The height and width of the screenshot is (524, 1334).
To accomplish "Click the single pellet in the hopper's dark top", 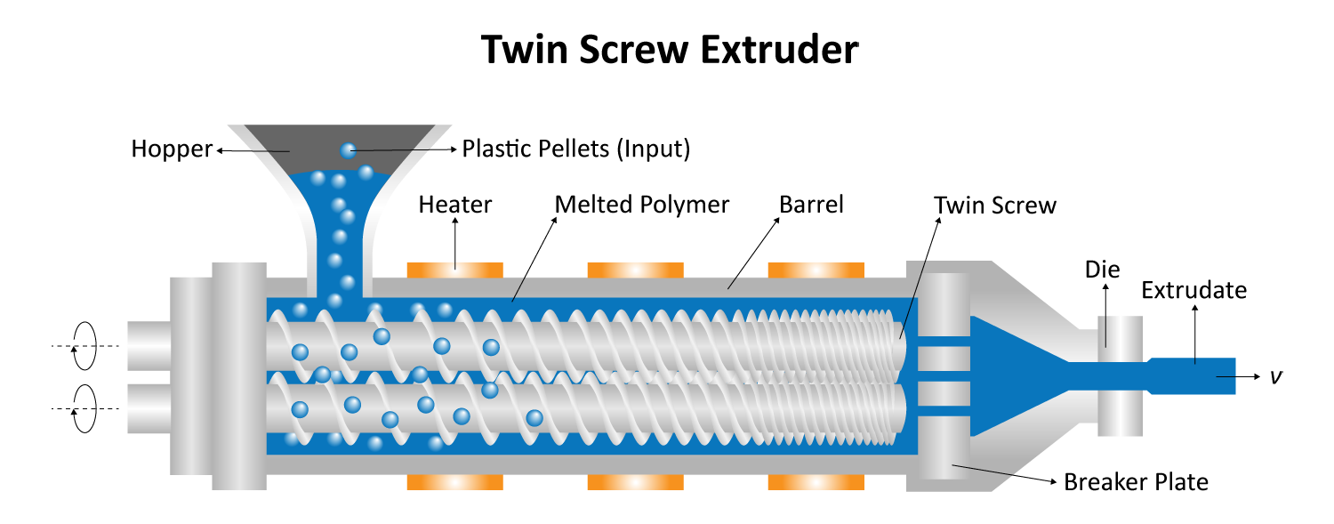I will click(x=348, y=150).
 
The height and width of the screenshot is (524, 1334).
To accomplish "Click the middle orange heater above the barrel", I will click(x=635, y=257).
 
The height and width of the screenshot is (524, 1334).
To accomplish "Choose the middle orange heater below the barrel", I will click(x=635, y=482).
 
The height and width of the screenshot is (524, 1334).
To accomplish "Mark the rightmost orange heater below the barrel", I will click(x=817, y=482).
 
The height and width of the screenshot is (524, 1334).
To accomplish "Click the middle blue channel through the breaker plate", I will click(x=945, y=375).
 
